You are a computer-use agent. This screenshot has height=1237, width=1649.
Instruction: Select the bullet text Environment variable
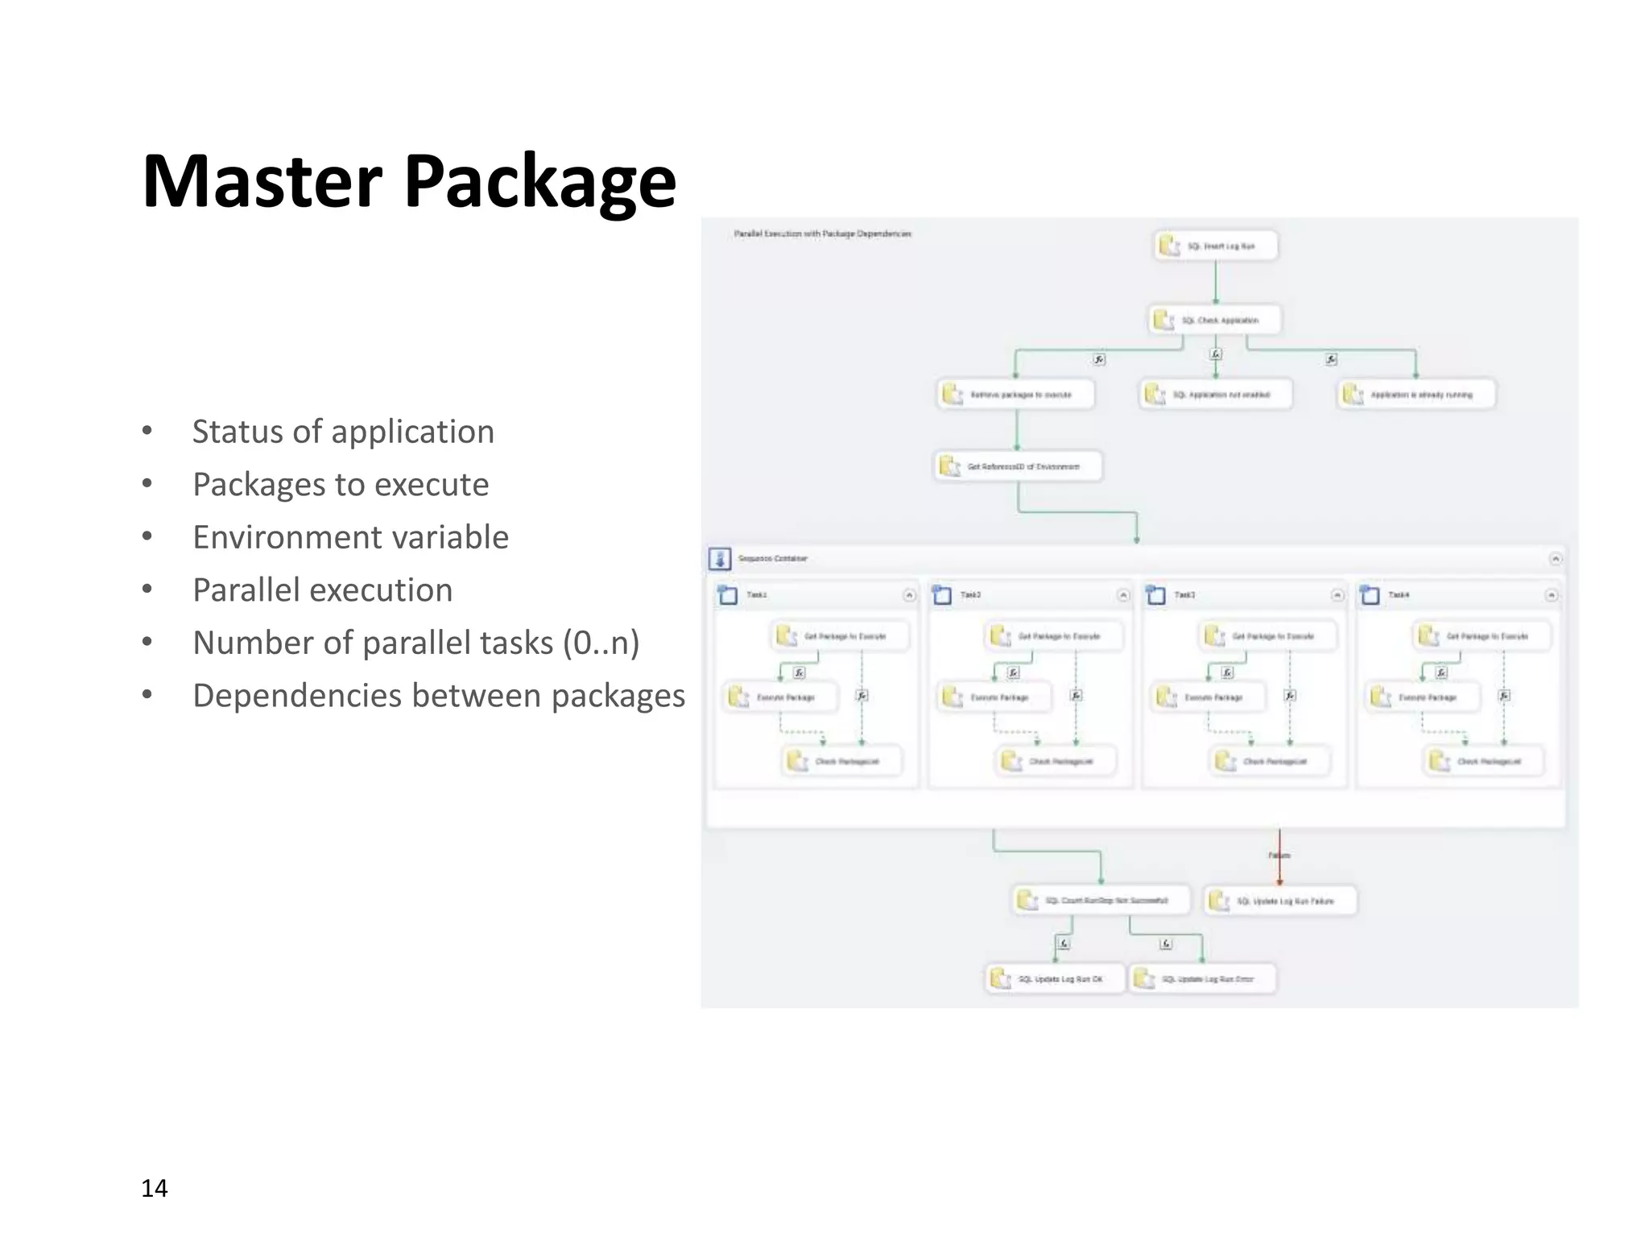(x=350, y=537)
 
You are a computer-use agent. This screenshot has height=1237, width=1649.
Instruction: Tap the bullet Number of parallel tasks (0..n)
(x=415, y=643)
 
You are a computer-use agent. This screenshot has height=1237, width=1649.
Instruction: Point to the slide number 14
(x=154, y=1188)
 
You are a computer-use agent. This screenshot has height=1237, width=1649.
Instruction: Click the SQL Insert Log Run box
(x=1216, y=246)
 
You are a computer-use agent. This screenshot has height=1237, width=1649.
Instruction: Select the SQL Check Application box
(x=1215, y=320)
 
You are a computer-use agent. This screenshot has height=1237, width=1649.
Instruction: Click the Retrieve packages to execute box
(x=1016, y=395)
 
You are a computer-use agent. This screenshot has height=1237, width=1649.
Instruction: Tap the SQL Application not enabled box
(x=1215, y=395)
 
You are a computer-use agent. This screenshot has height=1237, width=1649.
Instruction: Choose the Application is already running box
(x=1416, y=395)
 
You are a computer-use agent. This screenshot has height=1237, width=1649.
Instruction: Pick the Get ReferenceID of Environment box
(x=1018, y=466)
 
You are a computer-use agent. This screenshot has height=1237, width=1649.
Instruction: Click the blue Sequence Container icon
(x=719, y=558)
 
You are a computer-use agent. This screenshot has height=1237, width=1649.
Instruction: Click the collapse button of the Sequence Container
(x=1556, y=558)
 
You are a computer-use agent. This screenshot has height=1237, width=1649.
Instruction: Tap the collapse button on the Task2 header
(x=1123, y=595)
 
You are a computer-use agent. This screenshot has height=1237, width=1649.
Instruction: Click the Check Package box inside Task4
(x=1486, y=761)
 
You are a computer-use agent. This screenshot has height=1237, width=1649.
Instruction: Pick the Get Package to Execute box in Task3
(x=1267, y=636)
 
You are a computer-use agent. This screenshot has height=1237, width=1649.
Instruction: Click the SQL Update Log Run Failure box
(x=1280, y=901)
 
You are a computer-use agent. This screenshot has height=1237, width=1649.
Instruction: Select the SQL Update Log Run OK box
(x=1054, y=979)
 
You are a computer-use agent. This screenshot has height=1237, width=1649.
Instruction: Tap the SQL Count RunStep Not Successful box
(x=1101, y=900)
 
